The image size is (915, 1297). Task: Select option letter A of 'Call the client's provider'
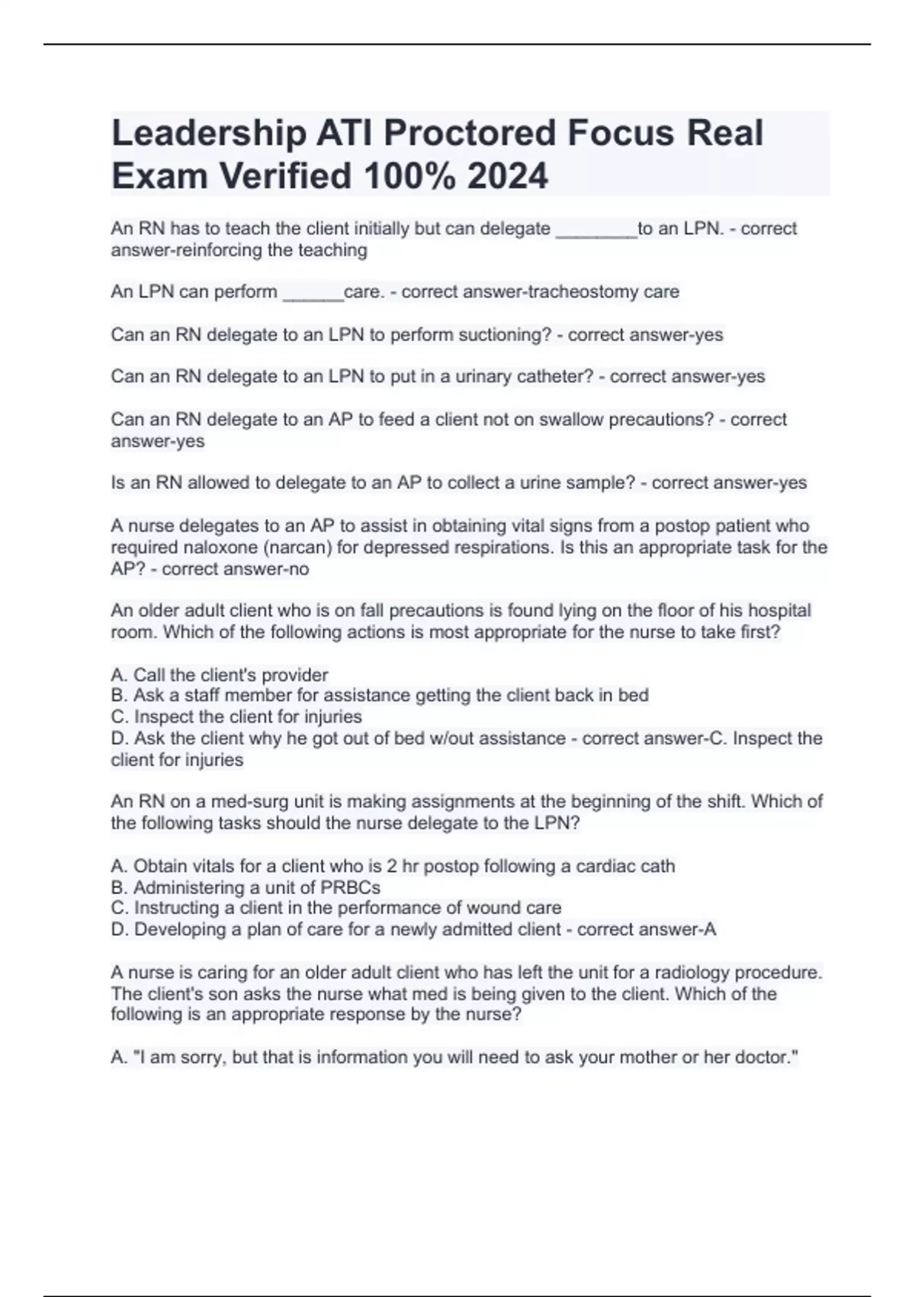coord(118,675)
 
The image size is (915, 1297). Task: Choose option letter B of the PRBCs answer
coord(118,887)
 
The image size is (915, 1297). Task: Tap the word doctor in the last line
coord(763,1057)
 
